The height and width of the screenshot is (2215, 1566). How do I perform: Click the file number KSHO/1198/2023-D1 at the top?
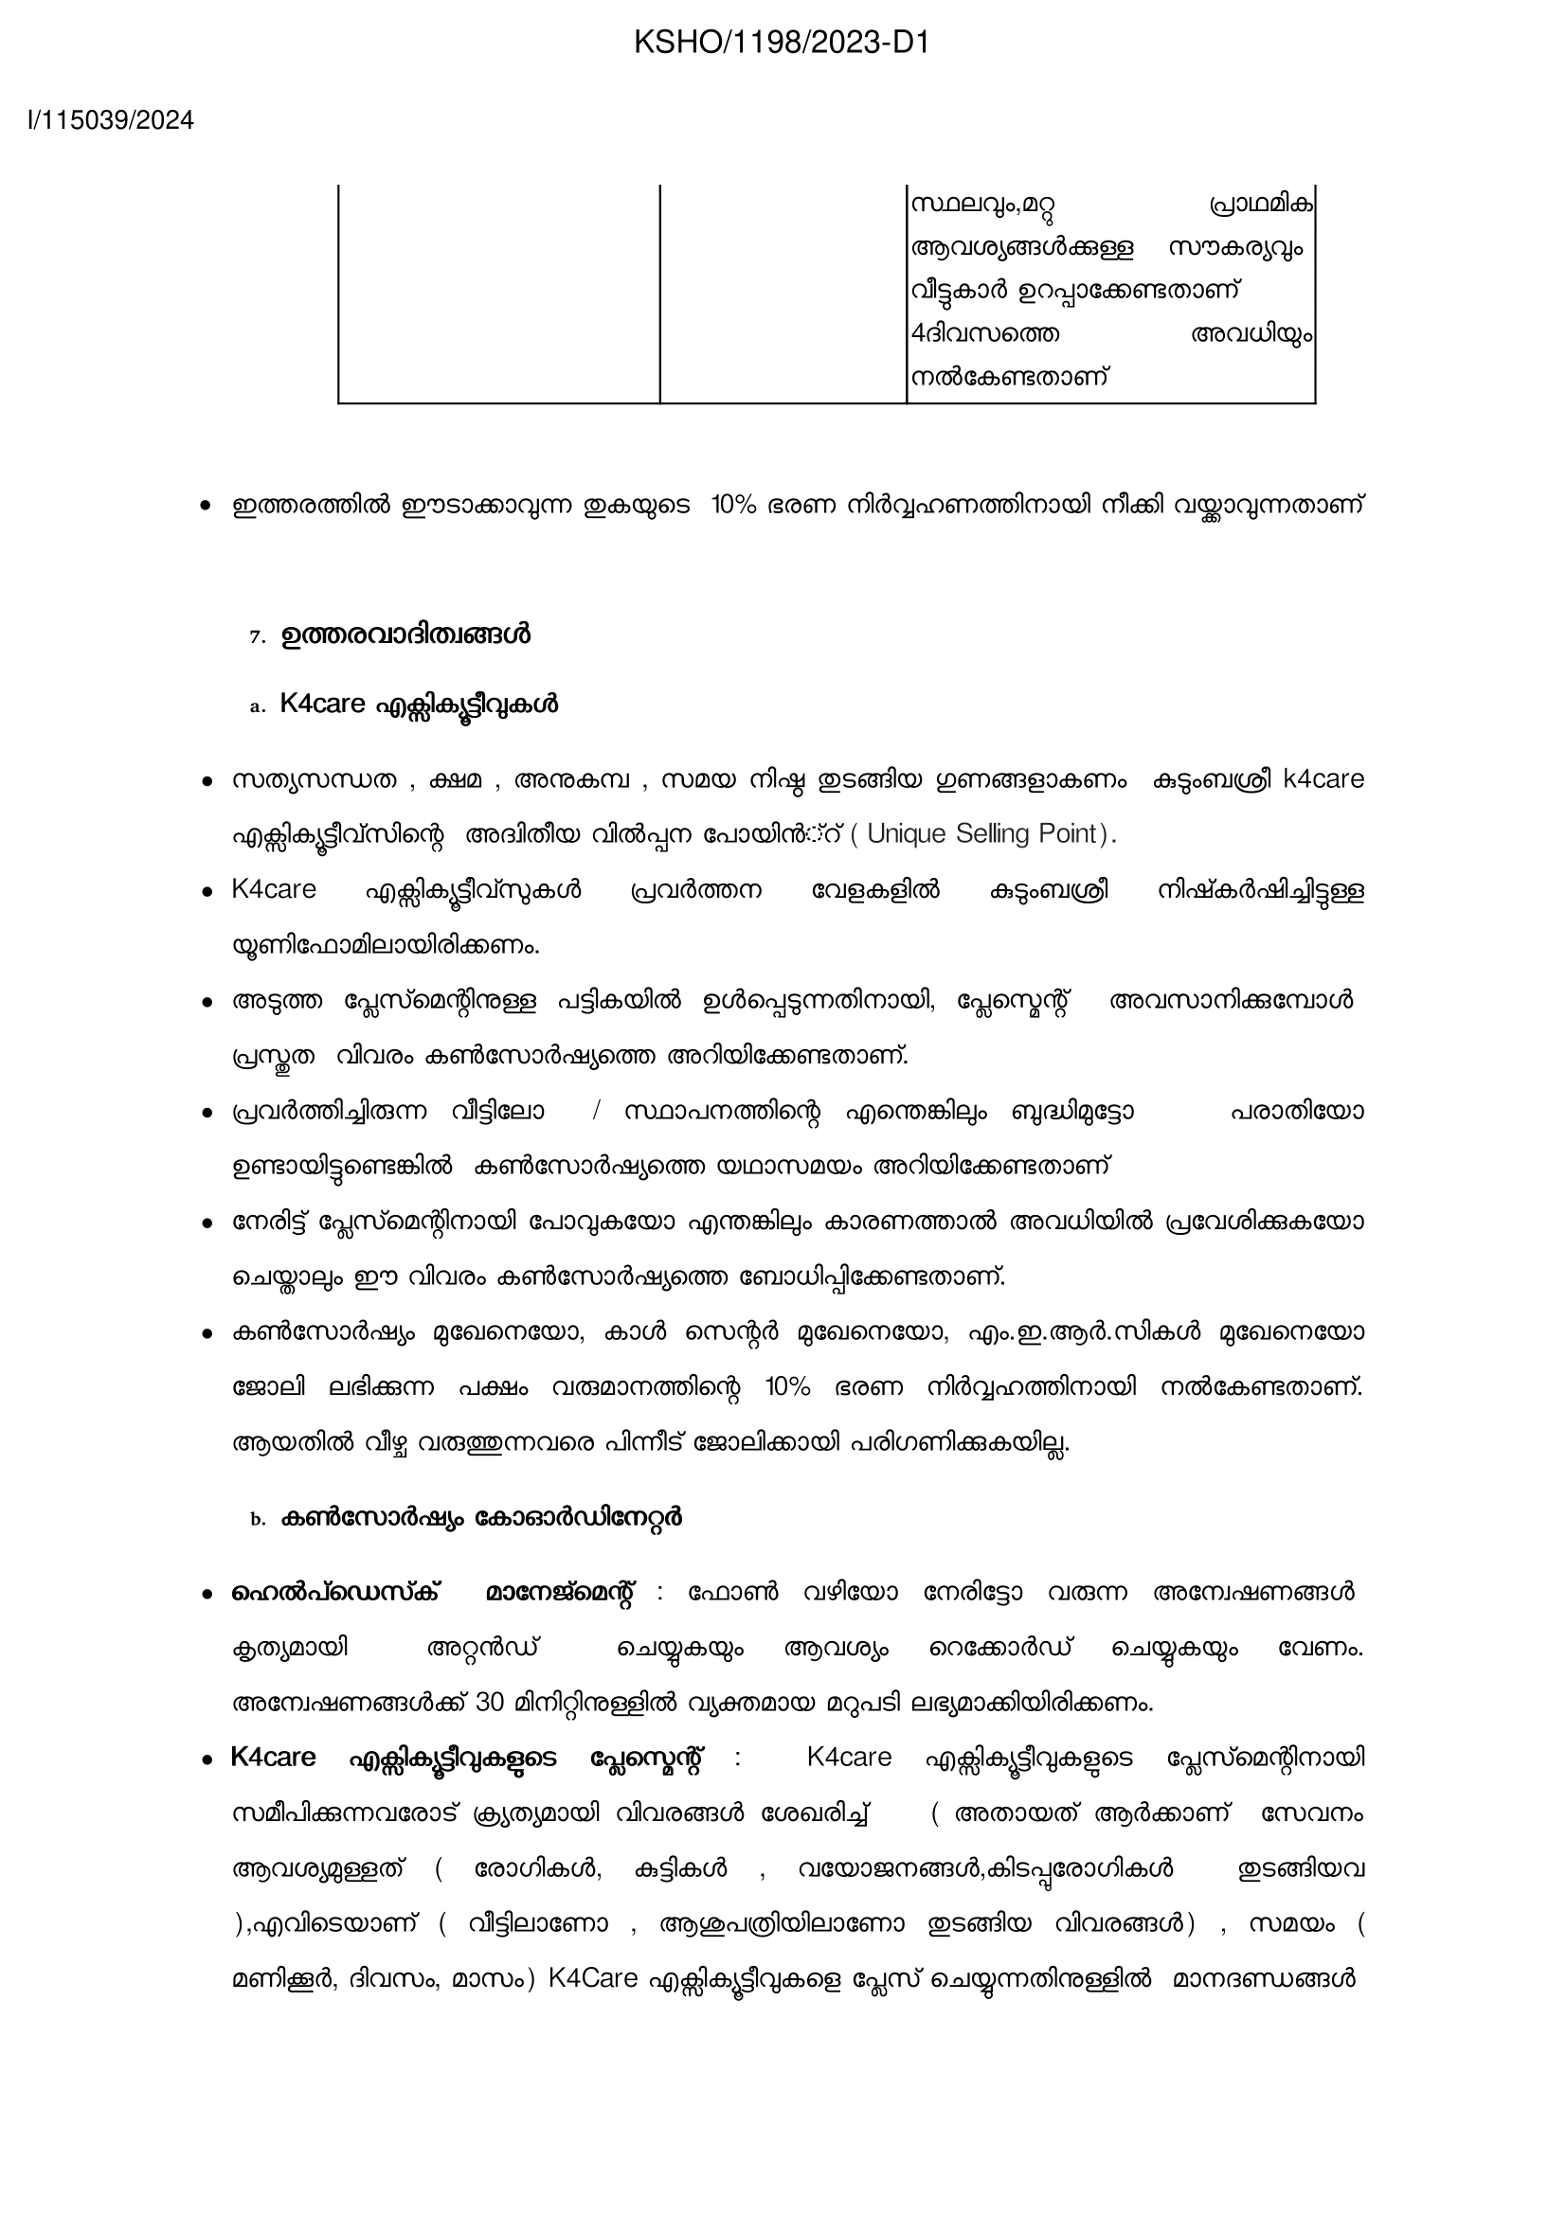782,43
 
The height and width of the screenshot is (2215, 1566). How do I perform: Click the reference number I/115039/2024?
111,120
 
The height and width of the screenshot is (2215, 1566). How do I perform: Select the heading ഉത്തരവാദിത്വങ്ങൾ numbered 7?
405,635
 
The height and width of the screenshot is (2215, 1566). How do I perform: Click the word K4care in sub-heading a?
322,705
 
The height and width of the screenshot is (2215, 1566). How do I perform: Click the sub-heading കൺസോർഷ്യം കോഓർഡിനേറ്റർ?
480,1517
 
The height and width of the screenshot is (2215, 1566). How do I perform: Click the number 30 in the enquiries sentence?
490,1702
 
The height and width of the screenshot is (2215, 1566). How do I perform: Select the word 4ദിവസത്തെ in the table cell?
985,334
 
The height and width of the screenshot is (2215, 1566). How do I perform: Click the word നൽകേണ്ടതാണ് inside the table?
1009,377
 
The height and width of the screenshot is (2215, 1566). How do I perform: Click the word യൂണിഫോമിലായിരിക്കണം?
385,945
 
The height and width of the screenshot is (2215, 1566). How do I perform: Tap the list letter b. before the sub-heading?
257,1519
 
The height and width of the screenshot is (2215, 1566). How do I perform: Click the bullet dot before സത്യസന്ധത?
206,780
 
